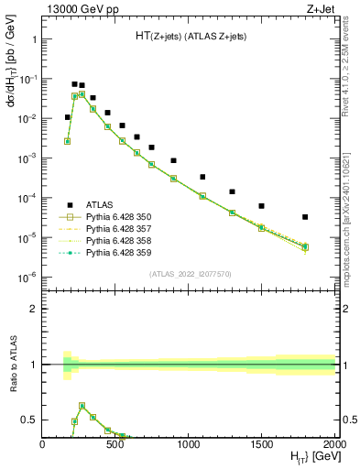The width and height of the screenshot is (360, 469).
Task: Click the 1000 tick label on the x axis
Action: pos(189,444)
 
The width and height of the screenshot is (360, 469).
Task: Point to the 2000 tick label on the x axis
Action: pos(334,444)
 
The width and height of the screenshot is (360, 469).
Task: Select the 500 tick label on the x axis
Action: pos(115,444)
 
